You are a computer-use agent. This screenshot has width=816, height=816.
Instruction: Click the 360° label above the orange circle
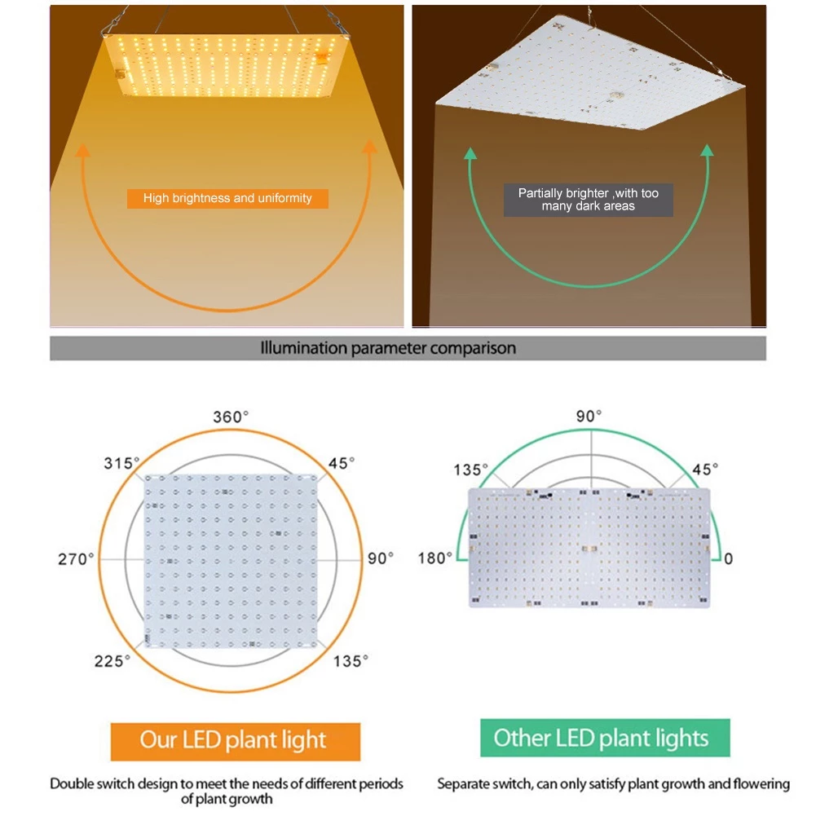click(231, 417)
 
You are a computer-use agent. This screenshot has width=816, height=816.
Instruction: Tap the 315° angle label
click(121, 463)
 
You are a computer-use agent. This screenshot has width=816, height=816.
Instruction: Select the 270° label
click(76, 559)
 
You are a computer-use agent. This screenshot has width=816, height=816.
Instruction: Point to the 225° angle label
click(112, 661)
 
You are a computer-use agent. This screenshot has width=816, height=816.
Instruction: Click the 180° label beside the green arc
click(435, 558)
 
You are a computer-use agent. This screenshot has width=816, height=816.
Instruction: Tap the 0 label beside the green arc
click(728, 559)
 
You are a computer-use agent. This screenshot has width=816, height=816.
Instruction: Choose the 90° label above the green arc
click(589, 417)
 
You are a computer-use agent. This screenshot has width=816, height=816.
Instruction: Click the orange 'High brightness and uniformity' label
click(227, 198)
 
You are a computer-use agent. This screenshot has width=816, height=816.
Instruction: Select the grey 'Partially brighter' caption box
click(588, 200)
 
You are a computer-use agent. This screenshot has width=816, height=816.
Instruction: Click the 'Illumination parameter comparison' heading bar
click(408, 348)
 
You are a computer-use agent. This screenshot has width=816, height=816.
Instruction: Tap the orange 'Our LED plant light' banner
click(236, 741)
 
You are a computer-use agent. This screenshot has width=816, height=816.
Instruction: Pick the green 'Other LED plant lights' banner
click(605, 738)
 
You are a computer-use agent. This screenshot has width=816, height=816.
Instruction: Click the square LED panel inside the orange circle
click(231, 561)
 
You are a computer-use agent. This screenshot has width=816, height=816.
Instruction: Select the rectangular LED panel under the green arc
click(589, 548)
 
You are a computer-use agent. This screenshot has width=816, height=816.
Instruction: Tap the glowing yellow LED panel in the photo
click(227, 65)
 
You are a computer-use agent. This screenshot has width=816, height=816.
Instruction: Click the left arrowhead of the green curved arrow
click(470, 153)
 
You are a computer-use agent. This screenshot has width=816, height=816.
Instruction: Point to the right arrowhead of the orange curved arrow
click(369, 148)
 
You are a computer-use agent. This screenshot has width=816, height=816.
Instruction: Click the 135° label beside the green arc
click(470, 470)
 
